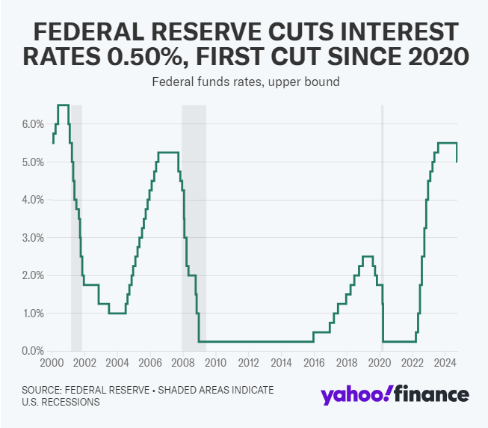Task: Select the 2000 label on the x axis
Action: pos(51,364)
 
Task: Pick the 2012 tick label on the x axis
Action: pos(248,364)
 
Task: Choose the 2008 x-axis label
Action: pos(182,364)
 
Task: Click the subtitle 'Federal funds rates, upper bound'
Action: pos(244,82)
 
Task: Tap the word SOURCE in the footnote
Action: pos(46,390)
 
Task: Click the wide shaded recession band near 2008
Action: pos(194,224)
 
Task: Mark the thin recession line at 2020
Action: pos(383,224)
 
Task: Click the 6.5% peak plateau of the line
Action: pos(63,105)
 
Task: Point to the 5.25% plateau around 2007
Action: pos(168,153)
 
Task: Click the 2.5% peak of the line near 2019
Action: pos(367,257)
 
